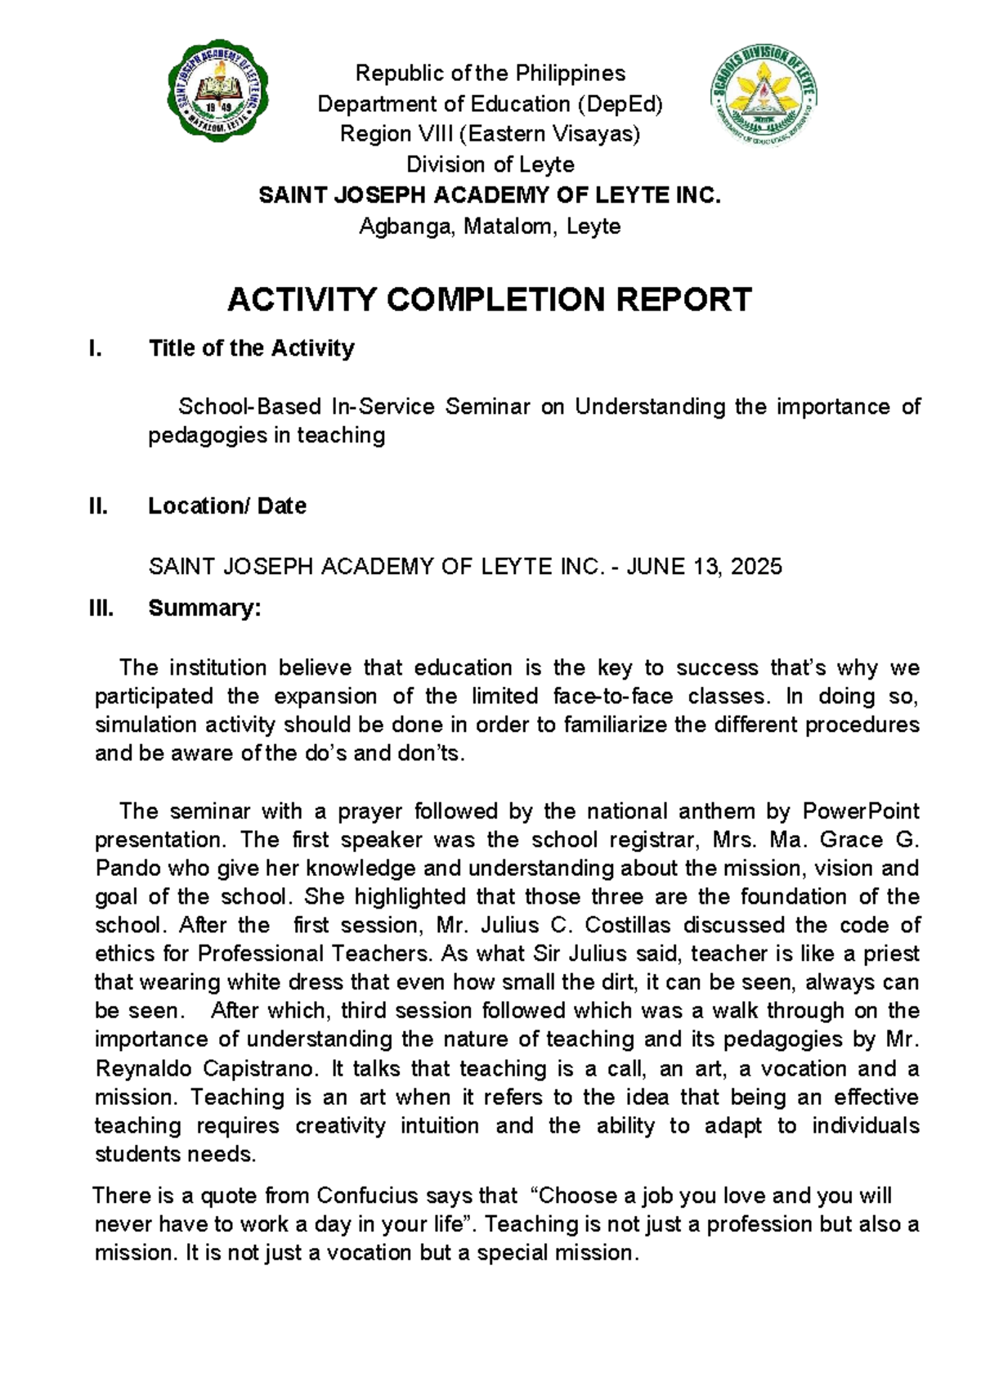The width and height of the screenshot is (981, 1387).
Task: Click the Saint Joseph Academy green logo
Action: click(218, 92)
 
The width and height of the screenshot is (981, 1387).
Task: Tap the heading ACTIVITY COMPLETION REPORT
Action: click(489, 300)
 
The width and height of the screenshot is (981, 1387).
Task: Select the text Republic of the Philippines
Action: click(490, 74)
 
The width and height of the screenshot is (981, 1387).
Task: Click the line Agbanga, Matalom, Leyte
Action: click(490, 227)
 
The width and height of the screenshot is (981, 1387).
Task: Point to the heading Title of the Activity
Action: click(251, 348)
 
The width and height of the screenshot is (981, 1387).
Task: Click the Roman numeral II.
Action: click(98, 506)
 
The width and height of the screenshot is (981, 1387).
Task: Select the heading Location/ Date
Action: click(226, 506)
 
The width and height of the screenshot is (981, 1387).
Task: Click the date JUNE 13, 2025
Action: click(704, 566)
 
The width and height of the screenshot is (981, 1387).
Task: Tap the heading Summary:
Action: click(204, 608)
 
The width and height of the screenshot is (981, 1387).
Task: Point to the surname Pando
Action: click(123, 868)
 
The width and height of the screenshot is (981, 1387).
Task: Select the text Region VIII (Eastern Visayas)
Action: click(490, 134)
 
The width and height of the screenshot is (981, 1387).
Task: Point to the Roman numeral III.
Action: click(101, 608)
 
